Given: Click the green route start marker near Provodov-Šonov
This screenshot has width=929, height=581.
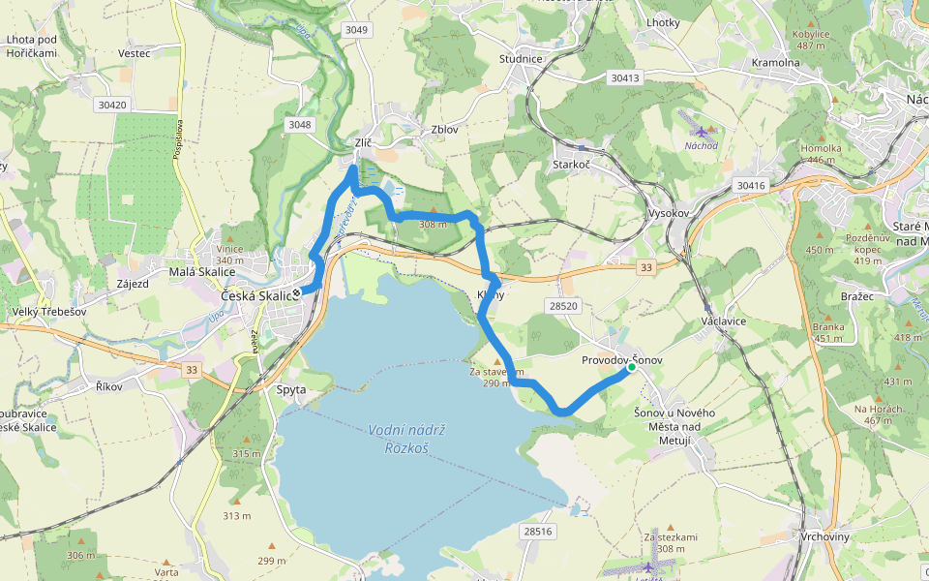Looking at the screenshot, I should tap(631, 367).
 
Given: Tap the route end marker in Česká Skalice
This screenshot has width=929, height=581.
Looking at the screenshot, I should tap(297, 290).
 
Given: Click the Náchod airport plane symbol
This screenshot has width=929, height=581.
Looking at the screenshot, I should tap(702, 130).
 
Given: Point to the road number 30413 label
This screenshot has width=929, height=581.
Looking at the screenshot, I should tap(625, 77).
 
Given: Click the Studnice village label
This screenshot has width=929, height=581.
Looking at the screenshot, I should tap(521, 59).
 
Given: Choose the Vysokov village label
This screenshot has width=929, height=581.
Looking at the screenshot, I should tap(668, 213).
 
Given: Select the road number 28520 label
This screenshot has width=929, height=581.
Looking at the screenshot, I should tap(562, 305).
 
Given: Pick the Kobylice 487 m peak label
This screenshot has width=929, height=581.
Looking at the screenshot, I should tap(811, 39).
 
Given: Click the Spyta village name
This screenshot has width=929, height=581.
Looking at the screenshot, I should tap(291, 389).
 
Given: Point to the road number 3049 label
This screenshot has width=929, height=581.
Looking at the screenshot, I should tap(356, 30).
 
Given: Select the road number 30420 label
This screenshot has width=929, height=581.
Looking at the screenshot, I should tap(112, 104).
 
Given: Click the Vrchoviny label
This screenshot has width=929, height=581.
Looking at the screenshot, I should tap(825, 536).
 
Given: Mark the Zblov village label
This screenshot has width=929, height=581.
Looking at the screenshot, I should tap(444, 129).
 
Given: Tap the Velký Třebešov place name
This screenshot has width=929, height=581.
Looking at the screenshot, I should tap(40, 311).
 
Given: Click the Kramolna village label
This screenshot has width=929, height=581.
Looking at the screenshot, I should tap(776, 63).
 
